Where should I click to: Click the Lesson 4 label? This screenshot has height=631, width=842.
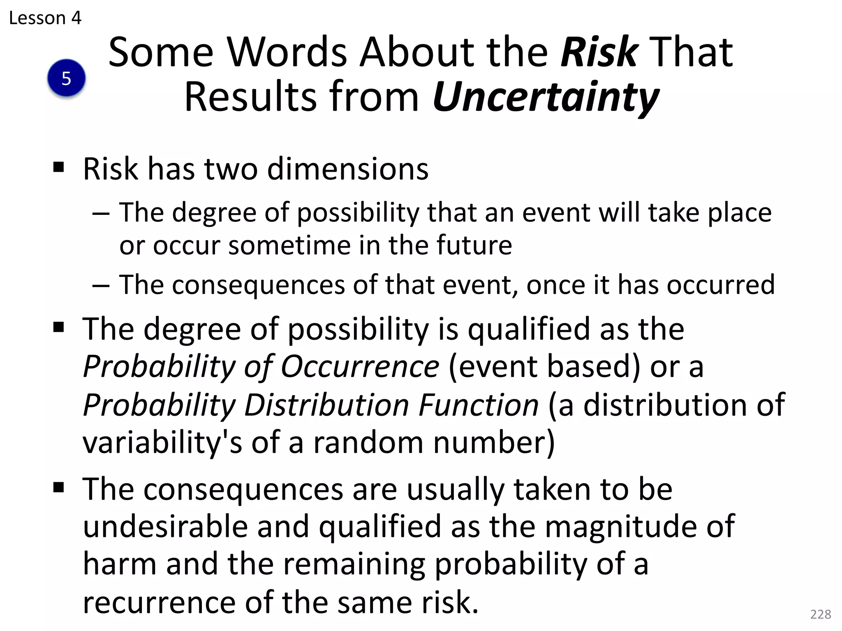pos(45,18)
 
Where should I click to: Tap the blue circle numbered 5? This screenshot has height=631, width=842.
pos(67,78)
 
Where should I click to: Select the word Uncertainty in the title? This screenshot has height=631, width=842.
pos(546,97)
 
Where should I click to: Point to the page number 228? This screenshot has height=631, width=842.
pos(820,614)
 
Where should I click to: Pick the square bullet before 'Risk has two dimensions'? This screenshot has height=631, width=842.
pos(59,167)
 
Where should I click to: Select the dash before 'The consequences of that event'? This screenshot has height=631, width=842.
pos(101,285)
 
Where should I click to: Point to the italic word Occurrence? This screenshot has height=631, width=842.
pos(360,366)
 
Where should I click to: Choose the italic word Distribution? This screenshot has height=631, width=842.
pos(327,405)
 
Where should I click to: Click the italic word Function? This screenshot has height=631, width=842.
pos(479,405)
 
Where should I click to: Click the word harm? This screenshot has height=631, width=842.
pos(120,564)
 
